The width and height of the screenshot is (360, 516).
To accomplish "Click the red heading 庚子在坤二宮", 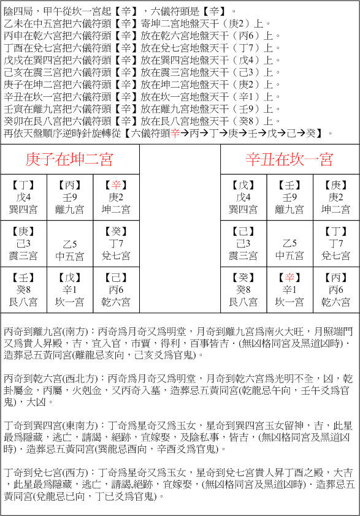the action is point(69,160).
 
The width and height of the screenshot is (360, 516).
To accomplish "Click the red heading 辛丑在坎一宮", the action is point(289,160).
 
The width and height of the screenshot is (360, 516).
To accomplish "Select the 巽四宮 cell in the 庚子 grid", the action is point(25,197).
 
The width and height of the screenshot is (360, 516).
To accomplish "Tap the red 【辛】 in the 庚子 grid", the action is point(116,185).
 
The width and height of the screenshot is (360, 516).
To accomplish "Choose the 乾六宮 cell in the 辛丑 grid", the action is point(336,290).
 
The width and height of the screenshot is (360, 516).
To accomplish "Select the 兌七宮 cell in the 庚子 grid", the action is point(116,244).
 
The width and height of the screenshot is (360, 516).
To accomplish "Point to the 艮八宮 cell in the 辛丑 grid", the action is point(243,290).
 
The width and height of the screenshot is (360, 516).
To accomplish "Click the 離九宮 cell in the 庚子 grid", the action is point(70,197).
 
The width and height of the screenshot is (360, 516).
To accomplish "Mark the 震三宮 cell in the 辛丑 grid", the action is point(243,244).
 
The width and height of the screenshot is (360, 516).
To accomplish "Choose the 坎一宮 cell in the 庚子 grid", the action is point(70,290).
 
